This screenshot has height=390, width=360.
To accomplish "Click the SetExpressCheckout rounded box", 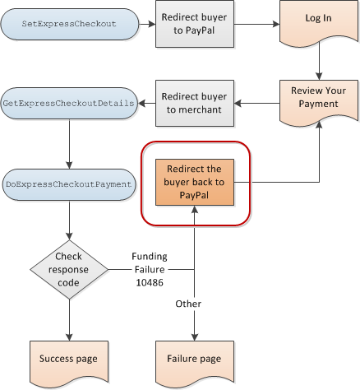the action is click(70, 24).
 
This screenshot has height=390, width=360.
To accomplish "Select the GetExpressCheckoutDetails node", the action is click(69, 104).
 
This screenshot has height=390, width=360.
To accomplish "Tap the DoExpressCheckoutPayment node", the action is click(69, 184).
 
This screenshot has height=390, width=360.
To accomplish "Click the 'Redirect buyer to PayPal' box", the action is click(195, 24).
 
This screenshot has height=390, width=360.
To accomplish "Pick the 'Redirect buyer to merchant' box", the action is click(195, 103).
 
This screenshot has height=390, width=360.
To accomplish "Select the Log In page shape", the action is click(319, 23).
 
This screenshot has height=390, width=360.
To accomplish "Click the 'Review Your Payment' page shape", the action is click(319, 102).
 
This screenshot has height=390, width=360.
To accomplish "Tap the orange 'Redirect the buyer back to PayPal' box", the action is click(195, 182).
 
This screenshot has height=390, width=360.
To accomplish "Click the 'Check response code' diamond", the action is click(69, 270).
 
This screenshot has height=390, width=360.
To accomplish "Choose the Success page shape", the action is click(69, 363).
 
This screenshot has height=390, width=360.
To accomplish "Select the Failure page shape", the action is click(195, 363).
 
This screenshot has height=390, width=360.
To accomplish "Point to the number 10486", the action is click(150, 283).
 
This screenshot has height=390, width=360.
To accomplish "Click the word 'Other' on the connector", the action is click(188, 304).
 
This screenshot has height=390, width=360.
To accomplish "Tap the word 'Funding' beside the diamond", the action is click(150, 257).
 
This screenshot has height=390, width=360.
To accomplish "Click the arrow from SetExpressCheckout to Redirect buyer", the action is click(147, 24).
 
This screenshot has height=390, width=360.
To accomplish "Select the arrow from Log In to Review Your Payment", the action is click(319, 61).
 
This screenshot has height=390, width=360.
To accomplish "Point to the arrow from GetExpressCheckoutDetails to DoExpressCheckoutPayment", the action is click(69, 144).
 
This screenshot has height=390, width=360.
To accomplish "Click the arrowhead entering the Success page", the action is click(69, 337).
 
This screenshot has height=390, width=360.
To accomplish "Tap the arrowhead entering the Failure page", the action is click(195, 337).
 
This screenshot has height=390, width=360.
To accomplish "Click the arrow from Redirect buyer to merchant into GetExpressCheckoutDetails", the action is click(147, 104).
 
